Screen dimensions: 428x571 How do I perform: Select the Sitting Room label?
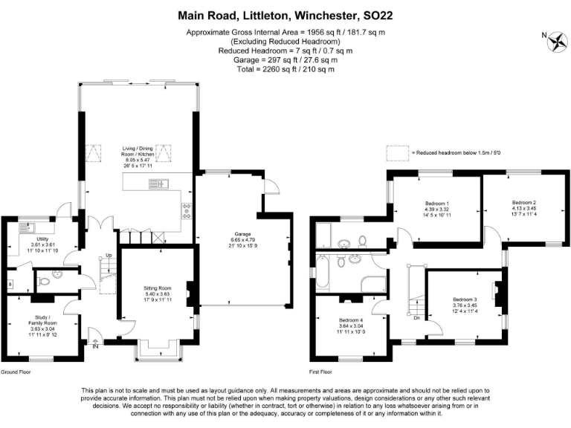158,288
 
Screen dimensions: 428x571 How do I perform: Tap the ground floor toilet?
44,281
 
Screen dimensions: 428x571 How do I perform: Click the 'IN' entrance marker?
95,346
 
